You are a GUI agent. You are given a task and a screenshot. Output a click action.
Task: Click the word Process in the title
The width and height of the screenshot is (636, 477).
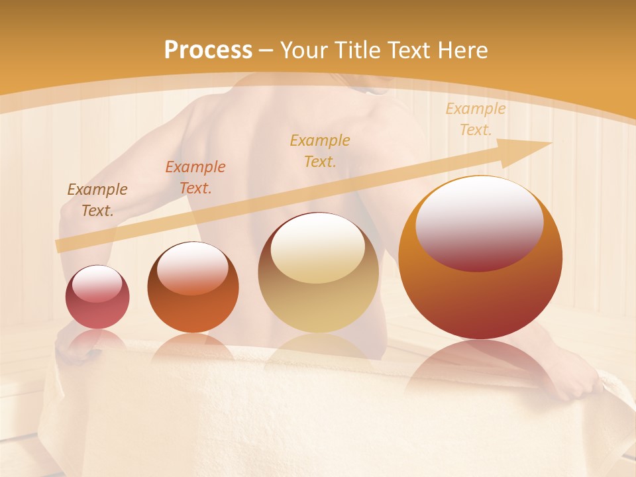click(208, 50)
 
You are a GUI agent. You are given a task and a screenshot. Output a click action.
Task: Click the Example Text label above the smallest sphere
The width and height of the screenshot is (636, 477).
click(97, 199)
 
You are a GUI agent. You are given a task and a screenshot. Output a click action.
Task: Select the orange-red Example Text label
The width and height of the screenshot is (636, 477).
click(195, 177)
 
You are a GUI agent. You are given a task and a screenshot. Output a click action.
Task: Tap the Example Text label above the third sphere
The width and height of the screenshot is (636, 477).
click(320, 150)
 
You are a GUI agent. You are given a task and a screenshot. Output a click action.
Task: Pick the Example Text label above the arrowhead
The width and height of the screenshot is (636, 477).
click(475, 119)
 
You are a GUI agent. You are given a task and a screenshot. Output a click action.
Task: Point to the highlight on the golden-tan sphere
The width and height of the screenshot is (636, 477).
click(317, 248)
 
